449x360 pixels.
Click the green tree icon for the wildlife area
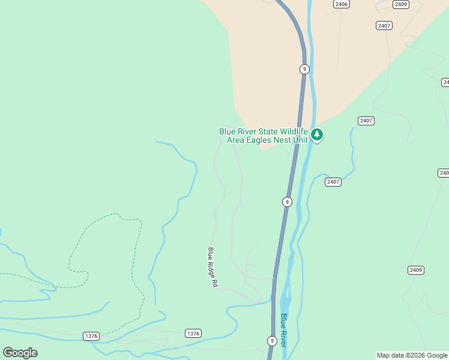click(317, 135)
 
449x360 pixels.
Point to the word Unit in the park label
click(300, 140)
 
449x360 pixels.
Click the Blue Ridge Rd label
click(212, 267)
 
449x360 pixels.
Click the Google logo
click(20, 353)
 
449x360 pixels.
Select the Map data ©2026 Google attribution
click(412, 355)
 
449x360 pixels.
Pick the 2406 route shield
click(342, 4)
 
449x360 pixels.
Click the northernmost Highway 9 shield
click(304, 69)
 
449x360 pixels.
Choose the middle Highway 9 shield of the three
click(287, 202)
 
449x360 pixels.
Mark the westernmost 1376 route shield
click(91, 336)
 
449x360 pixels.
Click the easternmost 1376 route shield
click(193, 333)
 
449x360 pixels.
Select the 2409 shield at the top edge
click(401, 4)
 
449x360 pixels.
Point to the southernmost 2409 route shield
click(416, 270)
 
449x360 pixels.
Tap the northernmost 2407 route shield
click(384, 25)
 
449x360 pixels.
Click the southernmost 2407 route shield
click(333, 182)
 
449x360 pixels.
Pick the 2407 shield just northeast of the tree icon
click(366, 121)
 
